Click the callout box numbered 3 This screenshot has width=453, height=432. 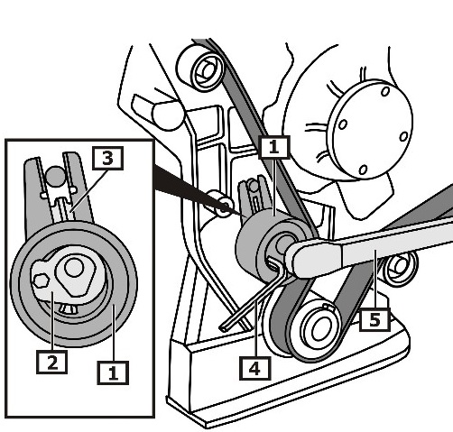point(107,159)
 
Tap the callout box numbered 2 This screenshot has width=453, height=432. point(51,363)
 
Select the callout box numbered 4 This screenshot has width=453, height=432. point(255,368)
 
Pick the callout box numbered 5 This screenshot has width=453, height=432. point(374,319)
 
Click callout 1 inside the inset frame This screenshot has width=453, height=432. point(113,373)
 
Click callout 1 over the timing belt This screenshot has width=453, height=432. point(274,147)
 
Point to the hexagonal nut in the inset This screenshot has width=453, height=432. point(42,280)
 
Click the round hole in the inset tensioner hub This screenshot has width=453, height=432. point(74,267)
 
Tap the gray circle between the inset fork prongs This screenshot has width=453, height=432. point(56,176)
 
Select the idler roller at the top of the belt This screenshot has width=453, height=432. point(201,69)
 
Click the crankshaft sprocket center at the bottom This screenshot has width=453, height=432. point(319,330)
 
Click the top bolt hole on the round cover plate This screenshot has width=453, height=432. point(385,91)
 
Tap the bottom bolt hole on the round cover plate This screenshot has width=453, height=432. point(363,170)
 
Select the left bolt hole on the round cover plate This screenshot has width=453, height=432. point(343,124)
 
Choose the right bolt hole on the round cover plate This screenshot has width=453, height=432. point(403,136)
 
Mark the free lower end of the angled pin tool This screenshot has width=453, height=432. point(223,328)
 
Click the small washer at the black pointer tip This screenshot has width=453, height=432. point(223,207)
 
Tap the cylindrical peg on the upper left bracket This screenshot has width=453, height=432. point(165,115)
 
